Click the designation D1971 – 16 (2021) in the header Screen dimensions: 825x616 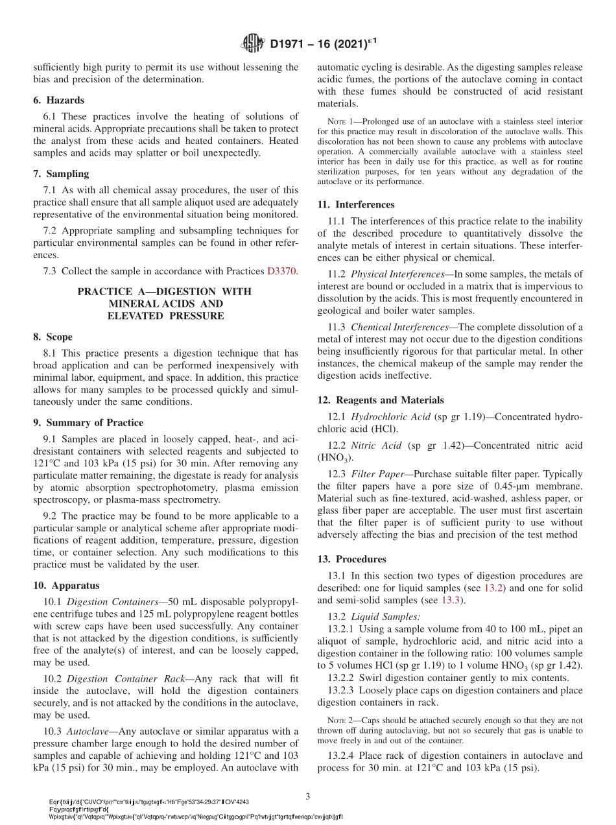pyautogui.click(x=322, y=44)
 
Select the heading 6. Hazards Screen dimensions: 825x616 pyautogui.click(x=58, y=101)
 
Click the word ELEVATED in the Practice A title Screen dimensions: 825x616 pyautogui.click(x=136, y=316)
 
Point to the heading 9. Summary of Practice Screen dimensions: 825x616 pyautogui.click(x=88, y=423)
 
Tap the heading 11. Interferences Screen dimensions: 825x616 pyautogui.click(x=356, y=205)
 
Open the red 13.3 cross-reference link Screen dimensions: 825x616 pyautogui.click(x=451, y=601)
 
